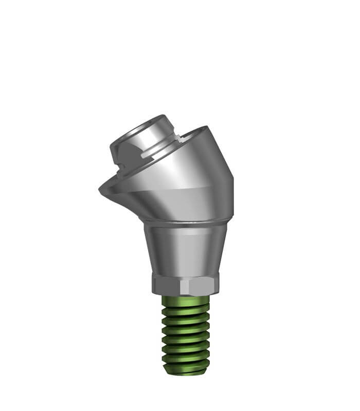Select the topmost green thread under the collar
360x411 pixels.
pyautogui.click(x=186, y=300)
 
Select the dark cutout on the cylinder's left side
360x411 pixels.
pyautogui.click(x=120, y=153)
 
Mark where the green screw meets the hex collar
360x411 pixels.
pyautogui.click(x=185, y=296)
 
